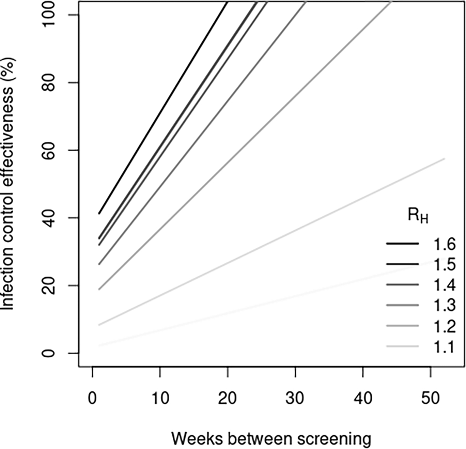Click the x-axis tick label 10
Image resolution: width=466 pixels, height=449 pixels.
160,398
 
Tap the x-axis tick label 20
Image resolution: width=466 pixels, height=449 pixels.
228,398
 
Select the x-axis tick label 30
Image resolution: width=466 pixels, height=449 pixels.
295,398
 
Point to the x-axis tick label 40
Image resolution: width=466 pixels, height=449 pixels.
363,398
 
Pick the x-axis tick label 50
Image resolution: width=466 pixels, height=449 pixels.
431,398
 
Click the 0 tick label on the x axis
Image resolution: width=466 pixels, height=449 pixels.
92,398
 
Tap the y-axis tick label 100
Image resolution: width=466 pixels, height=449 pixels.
49,14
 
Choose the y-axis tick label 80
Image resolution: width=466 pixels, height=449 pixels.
49,83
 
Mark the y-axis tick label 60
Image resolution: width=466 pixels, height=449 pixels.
49,150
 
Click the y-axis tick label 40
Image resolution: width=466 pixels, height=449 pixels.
49,218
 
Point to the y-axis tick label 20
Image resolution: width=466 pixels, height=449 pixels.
49,285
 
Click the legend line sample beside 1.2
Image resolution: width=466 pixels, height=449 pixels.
402,325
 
